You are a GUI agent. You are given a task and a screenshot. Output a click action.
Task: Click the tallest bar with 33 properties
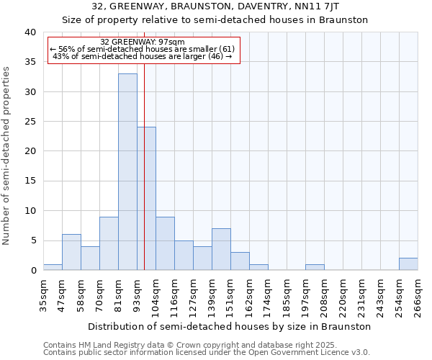click(127, 172)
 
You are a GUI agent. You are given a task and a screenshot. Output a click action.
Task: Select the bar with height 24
click(146, 199)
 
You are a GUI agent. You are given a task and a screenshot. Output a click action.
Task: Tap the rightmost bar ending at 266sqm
click(408, 264)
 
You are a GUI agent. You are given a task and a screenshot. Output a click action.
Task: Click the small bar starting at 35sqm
click(53, 267)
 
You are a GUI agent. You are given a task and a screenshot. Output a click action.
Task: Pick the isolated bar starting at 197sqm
click(315, 267)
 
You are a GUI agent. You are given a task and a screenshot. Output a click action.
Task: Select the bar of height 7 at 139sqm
click(221, 249)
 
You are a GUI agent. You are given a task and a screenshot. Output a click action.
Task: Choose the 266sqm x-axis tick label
click(418, 295)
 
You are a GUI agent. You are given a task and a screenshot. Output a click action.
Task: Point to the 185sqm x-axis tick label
click(287, 295)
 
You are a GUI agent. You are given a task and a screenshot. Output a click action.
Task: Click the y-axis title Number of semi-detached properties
click(6, 156)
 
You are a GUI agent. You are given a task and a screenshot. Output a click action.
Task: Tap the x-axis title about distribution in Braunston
click(230, 326)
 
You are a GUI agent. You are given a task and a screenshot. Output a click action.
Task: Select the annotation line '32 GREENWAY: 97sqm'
click(143, 42)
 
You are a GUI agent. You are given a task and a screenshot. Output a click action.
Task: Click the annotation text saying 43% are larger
click(143, 57)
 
